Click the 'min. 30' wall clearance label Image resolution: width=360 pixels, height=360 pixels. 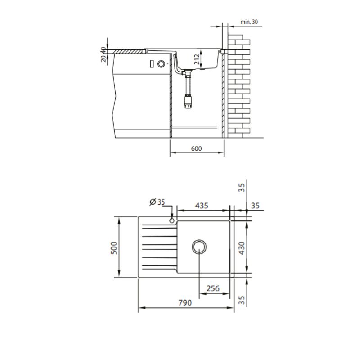(249, 22)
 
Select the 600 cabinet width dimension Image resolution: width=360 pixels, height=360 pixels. (196, 149)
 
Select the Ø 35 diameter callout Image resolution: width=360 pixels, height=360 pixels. (157, 202)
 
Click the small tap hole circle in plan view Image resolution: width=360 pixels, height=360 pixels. (172, 221)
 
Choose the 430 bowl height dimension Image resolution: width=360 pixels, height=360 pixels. (242, 248)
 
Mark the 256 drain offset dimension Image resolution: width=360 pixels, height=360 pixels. (212, 288)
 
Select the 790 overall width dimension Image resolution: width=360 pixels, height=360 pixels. (184, 302)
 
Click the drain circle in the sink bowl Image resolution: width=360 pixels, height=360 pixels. (198, 246)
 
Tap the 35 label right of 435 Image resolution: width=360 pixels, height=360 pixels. (255, 206)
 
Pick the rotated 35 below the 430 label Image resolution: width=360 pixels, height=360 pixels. (242, 299)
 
